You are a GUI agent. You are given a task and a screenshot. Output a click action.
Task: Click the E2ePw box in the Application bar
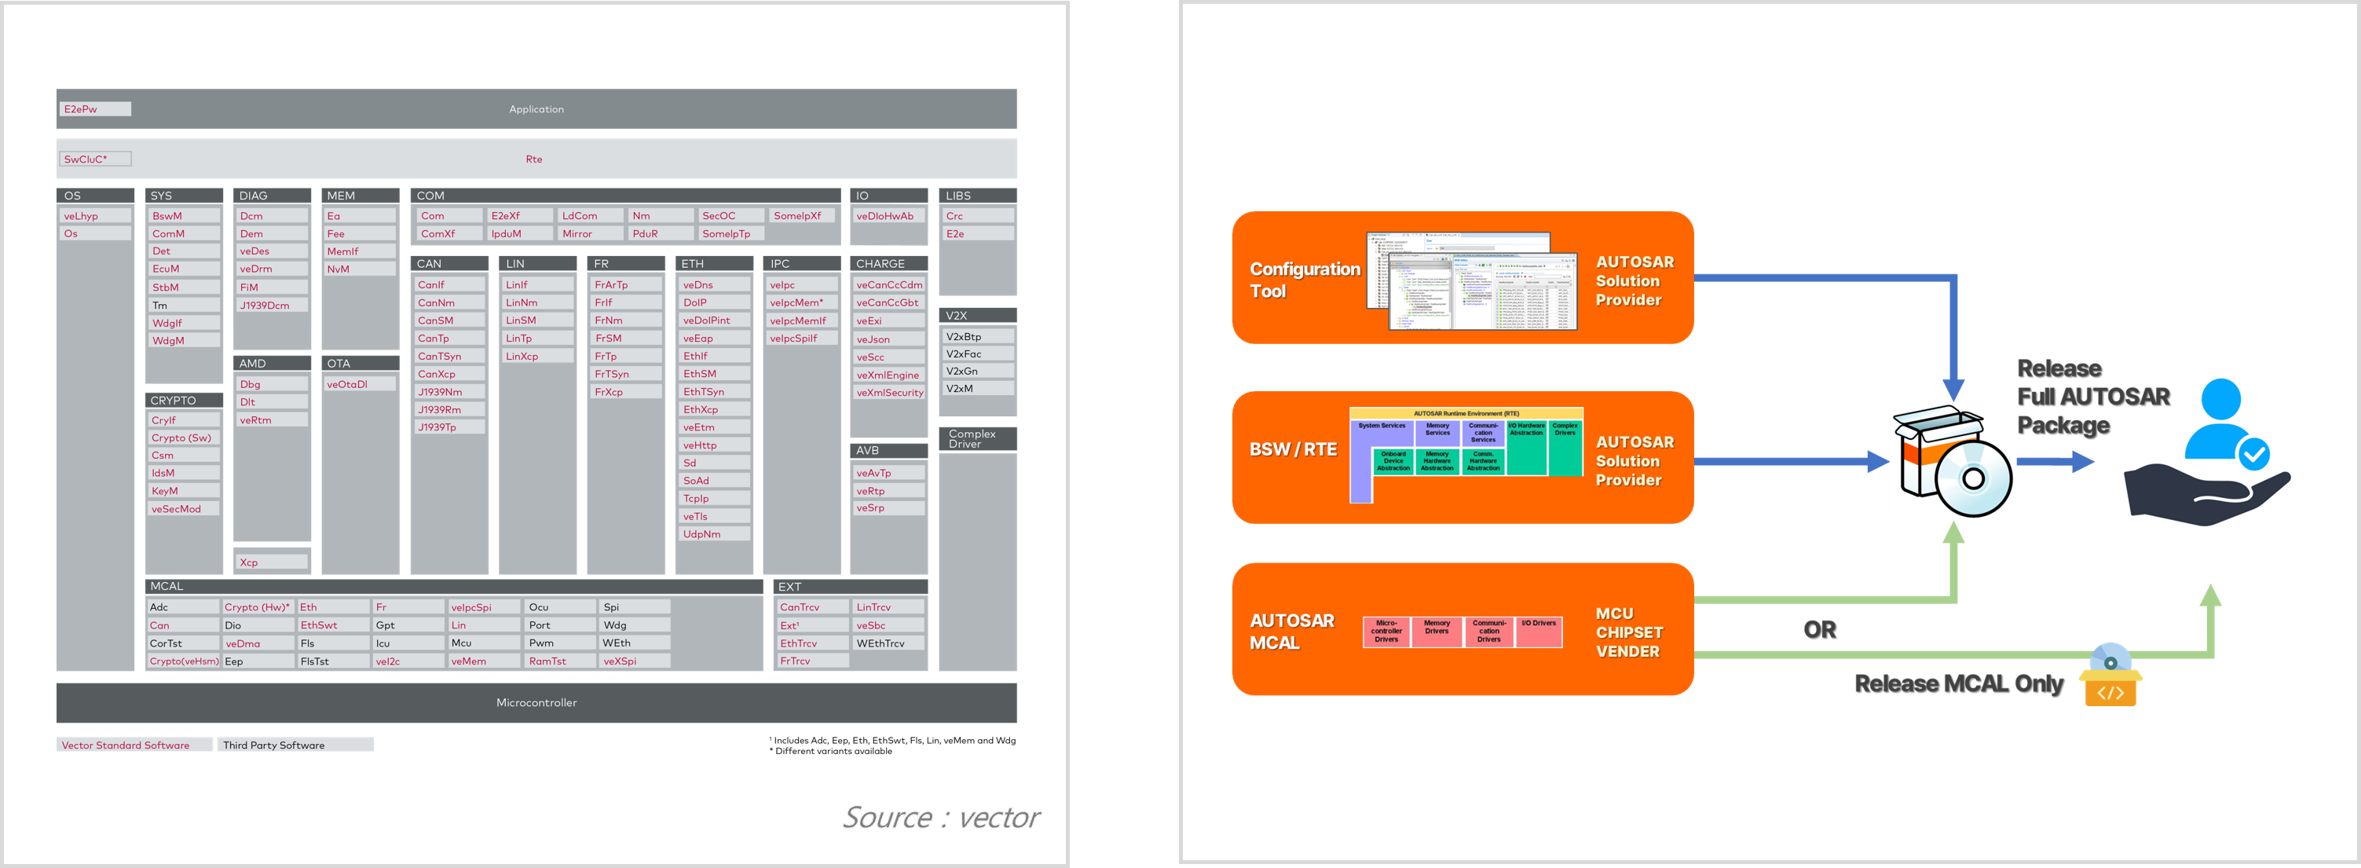95,109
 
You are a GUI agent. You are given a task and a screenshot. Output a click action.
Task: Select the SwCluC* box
95,159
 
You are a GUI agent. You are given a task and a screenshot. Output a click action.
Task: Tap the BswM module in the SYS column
183,216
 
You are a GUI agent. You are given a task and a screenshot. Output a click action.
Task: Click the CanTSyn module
449,357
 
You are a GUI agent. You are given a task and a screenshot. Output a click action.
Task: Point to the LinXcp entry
537,357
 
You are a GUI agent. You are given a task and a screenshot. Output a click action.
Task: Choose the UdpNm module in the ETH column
714,534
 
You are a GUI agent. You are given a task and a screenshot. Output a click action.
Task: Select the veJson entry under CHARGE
888,339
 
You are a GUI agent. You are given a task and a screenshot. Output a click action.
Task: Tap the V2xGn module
977,372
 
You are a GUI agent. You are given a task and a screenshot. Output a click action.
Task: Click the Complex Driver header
977,439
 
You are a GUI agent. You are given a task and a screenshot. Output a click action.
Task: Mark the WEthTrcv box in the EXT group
888,643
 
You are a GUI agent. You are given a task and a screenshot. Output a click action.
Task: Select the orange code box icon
2110,688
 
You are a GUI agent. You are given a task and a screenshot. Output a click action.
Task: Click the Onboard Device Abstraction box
1393,461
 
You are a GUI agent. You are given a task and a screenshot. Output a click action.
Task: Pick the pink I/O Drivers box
1539,632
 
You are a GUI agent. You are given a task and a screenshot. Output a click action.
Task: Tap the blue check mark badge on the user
2253,452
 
